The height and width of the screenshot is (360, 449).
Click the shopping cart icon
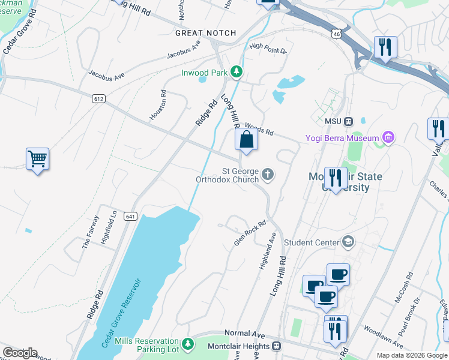point(37,159)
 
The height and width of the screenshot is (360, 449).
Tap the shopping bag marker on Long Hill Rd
point(246,140)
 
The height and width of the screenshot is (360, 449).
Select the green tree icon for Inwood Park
point(237,73)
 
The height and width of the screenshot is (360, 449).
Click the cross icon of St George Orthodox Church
point(268,175)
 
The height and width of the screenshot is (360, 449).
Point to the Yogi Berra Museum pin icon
point(388,139)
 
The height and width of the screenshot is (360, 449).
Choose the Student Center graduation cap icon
point(347,242)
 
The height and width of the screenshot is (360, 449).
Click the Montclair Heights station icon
point(276,346)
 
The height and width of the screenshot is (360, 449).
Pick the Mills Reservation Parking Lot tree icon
point(188,344)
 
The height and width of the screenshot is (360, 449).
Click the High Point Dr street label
point(268,47)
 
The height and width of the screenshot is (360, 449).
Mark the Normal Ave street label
point(244,333)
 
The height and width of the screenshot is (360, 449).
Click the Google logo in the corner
point(20,353)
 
